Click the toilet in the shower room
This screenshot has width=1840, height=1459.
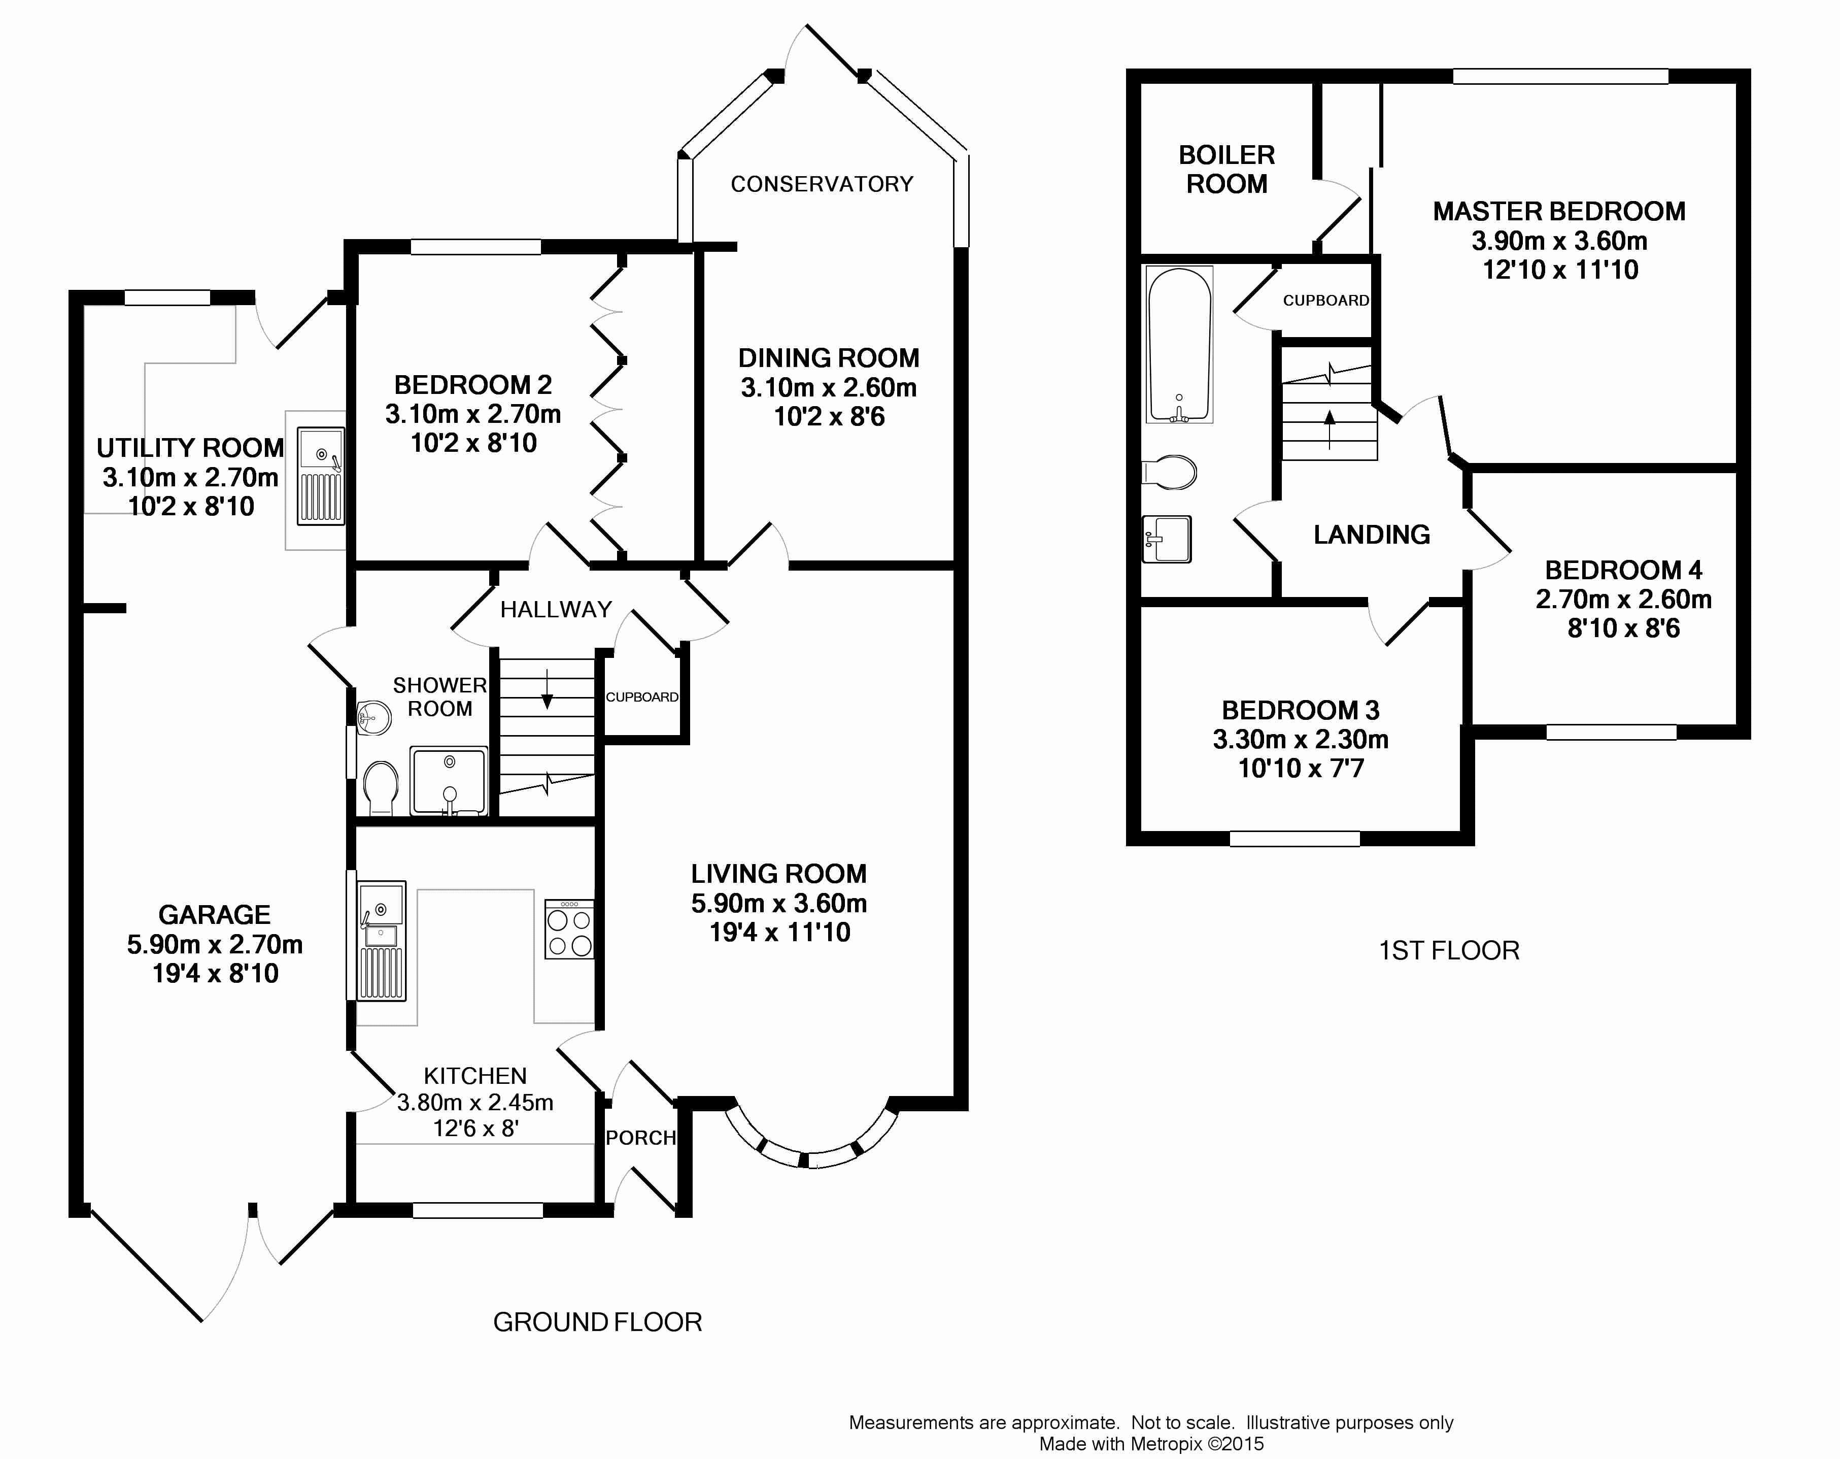pos(381,788)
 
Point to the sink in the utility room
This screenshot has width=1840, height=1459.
pos(321,476)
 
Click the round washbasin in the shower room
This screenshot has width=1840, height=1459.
pos(373,717)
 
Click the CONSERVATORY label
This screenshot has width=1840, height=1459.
pos(822,184)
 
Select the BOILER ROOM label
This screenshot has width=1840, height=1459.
pos(1226,169)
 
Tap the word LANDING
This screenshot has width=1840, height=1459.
pos(1372,535)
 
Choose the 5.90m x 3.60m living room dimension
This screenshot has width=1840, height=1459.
pos(779,903)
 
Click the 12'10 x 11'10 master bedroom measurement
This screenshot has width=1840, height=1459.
pos(1560,270)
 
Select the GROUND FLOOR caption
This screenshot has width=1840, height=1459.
pos(597,1322)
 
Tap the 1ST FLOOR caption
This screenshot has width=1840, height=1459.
pos(1449,951)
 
